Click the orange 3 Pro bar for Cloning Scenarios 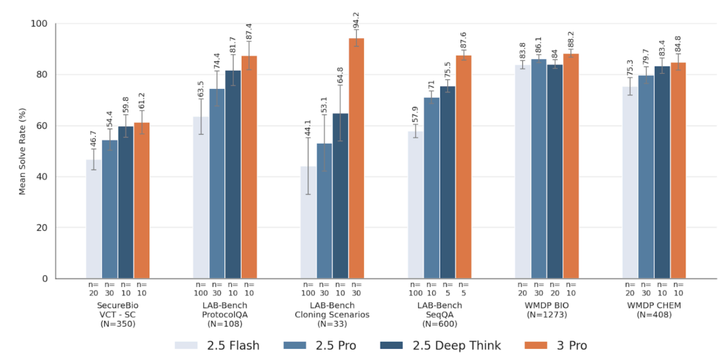[356, 158]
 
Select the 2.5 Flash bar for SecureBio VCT [94, 219]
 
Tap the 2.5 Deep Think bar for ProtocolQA [233, 174]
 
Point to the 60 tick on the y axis [44, 126]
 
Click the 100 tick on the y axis [42, 24]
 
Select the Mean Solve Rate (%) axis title [23, 151]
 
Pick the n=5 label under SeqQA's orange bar [464, 288]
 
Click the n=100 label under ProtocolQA [201, 288]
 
